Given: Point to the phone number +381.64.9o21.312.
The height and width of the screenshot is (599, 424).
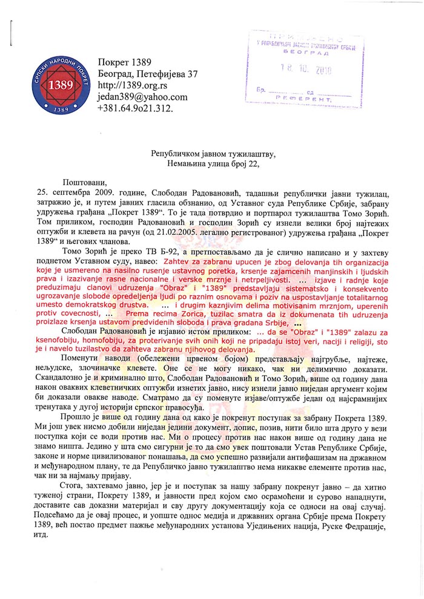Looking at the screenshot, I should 135,108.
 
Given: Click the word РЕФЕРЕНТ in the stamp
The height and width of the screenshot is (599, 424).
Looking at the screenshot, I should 294,98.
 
